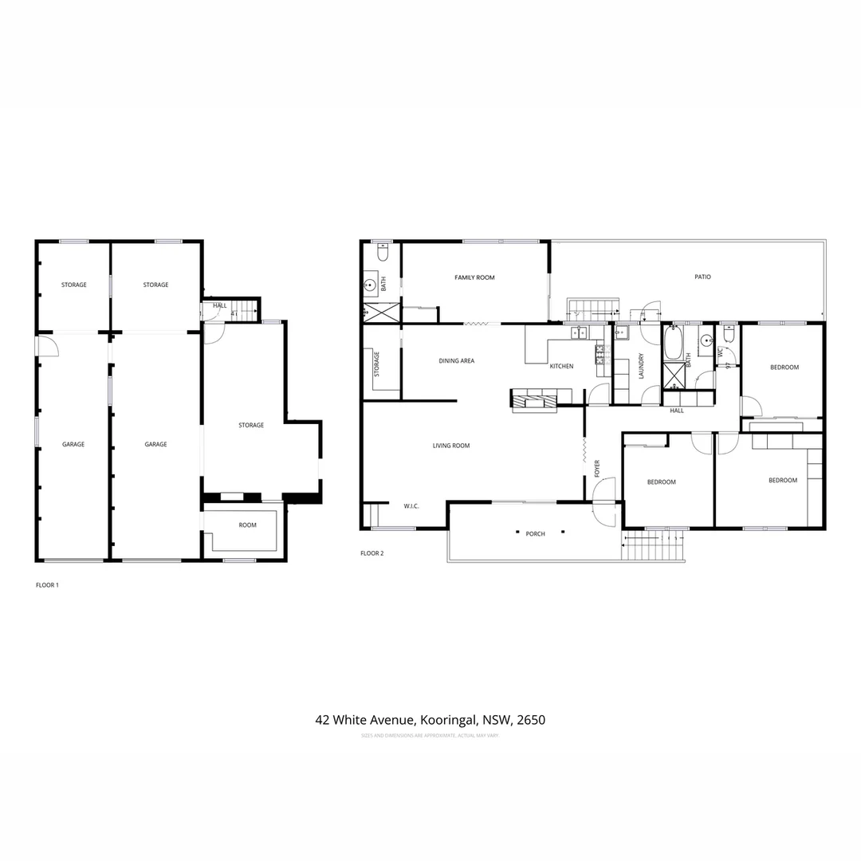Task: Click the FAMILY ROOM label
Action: [x=474, y=277]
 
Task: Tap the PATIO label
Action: [x=702, y=277]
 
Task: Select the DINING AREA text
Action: [x=456, y=361]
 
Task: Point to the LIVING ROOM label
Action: [x=451, y=446]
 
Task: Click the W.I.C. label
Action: [x=411, y=506]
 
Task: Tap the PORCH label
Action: [x=535, y=533]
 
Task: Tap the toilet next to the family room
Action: [x=382, y=254]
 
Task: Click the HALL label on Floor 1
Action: [x=219, y=305]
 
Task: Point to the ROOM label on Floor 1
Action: [x=247, y=525]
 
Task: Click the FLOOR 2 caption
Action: [x=372, y=553]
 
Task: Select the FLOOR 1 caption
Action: [x=47, y=585]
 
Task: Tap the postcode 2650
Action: [x=531, y=720]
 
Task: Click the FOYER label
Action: [x=597, y=469]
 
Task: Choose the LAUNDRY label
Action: [x=641, y=366]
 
